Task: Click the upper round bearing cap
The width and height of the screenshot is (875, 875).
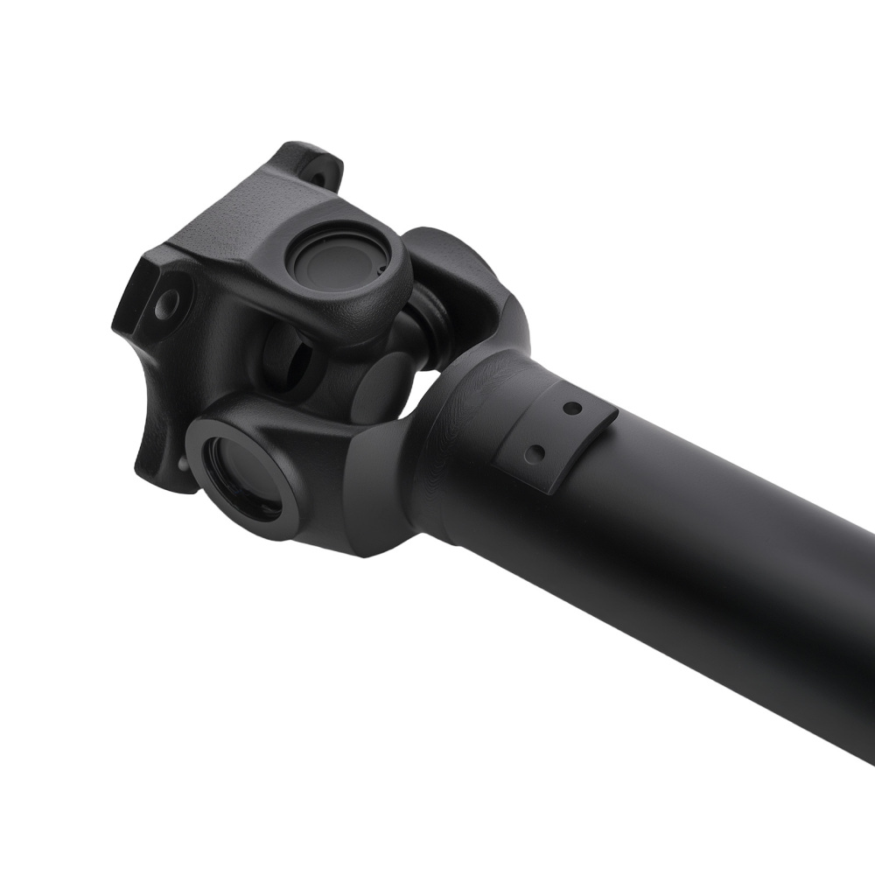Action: [339, 255]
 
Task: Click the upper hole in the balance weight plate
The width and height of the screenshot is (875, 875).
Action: [571, 409]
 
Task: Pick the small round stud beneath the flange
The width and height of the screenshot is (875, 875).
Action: [182, 464]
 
